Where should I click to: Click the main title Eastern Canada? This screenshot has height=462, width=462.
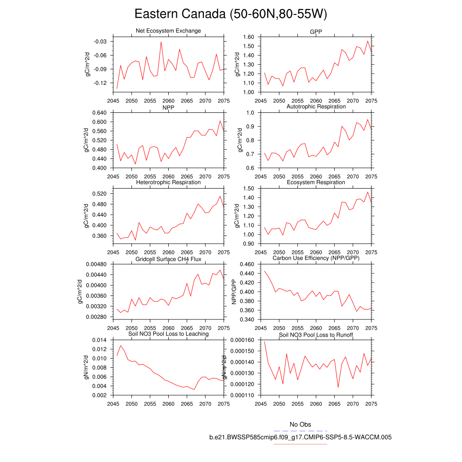pos(231,14)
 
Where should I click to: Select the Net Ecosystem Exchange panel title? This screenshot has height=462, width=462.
pos(168,31)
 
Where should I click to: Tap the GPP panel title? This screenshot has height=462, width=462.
pos(316,31)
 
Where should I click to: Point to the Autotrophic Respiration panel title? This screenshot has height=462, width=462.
pos(316,106)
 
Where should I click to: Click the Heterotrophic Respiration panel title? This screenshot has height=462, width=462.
pos(168,182)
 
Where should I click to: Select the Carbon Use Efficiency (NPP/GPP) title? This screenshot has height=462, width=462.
pos(316,258)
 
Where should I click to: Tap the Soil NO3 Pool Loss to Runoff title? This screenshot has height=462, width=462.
pos(316,335)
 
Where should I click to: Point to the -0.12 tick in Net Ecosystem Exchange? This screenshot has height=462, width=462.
pos(100,83)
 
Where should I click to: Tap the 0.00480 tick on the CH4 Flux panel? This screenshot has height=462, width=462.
pos(96,264)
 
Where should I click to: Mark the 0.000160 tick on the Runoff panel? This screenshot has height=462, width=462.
pos(243,340)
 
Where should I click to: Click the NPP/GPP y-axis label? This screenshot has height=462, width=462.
pos(234,292)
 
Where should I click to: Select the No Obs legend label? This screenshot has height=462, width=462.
pos(300,425)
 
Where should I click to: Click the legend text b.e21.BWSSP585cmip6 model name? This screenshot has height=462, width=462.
pos(300,437)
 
